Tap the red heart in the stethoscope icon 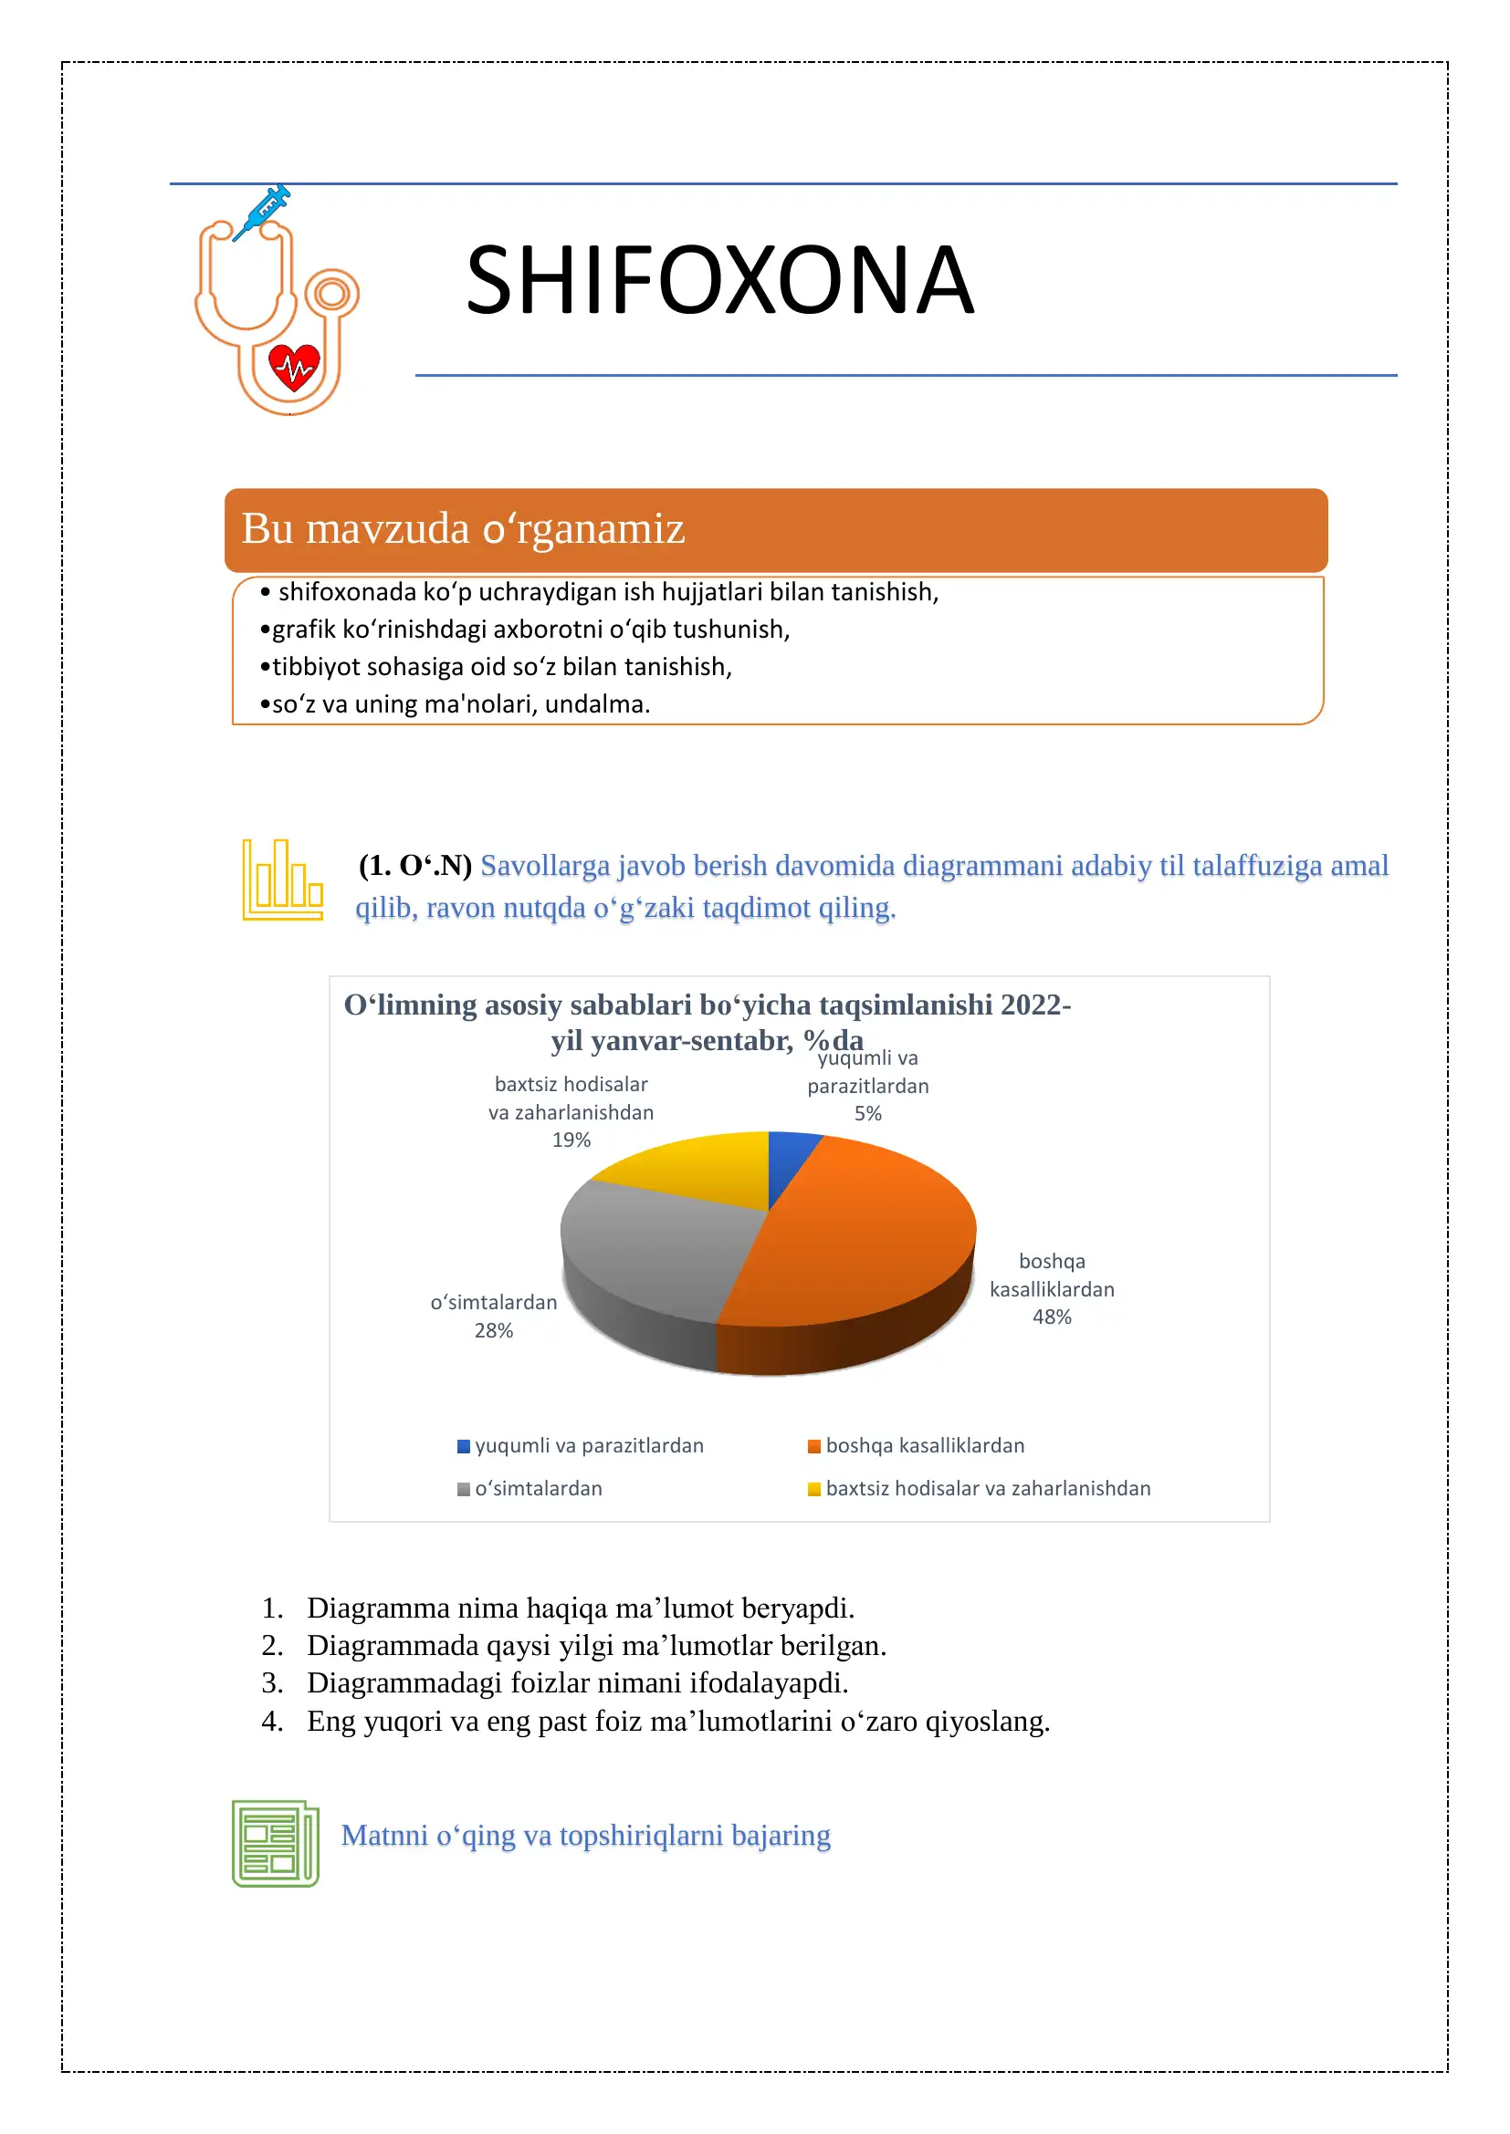click(294, 367)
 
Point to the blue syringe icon click(263, 212)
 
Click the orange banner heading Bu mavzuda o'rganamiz click(462, 529)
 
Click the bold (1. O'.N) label click(414, 865)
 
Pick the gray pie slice click(651, 1245)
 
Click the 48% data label click(1052, 1317)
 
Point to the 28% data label click(493, 1330)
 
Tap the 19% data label click(571, 1140)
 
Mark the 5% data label click(867, 1113)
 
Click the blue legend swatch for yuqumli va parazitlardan click(463, 1446)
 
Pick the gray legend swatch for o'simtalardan click(463, 1489)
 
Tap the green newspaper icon click(275, 1843)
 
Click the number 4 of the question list click(271, 1722)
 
